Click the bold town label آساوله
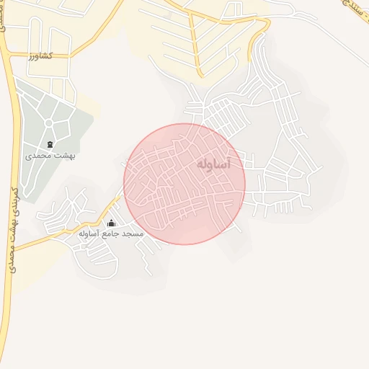pyautogui.click(x=213, y=165)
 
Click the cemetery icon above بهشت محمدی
pyautogui.click(x=50, y=144)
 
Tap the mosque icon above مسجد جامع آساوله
pyautogui.click(x=111, y=223)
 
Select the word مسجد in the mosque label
pyautogui.click(x=133, y=234)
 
